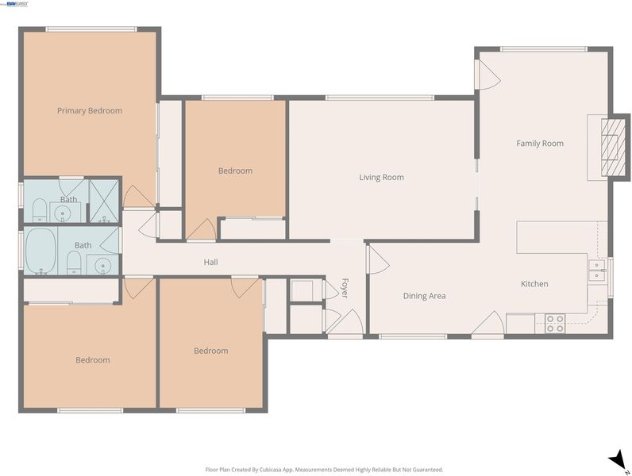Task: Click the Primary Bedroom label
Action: pos(90,111)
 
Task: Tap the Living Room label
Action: pos(381,177)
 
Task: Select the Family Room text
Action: pos(540,144)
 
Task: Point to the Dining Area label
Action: pos(425,296)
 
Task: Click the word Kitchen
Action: pos(534,284)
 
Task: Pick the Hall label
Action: pos(211,262)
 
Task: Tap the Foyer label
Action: pos(345,288)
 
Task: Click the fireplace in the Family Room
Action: pos(610,148)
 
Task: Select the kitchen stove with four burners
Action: pos(555,324)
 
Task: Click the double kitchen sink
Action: pos(597,271)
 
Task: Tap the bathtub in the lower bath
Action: pos(40,251)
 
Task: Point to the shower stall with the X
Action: pos(104,201)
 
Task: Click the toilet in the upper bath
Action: pos(40,209)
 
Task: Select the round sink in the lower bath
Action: pos(103,266)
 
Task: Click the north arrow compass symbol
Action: pos(618,460)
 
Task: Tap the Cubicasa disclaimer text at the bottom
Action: pos(325,470)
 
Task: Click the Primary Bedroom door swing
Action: pos(139,198)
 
